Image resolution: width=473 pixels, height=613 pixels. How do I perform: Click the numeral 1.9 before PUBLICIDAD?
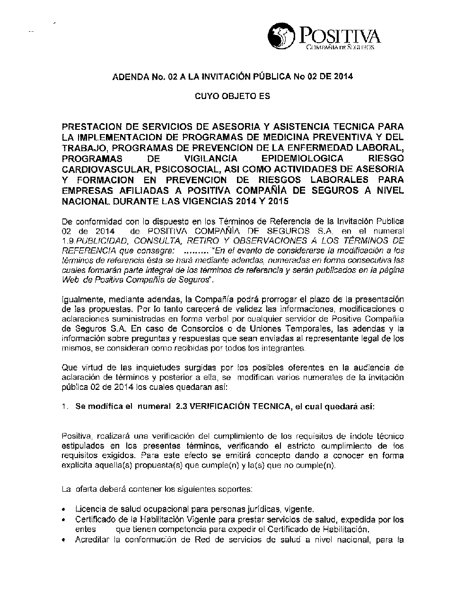click(x=68, y=241)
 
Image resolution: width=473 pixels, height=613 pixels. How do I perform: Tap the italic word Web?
click(x=70, y=279)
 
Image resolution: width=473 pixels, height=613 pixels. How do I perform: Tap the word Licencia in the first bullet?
click(x=89, y=510)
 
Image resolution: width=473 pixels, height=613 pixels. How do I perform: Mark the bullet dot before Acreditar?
click(x=64, y=540)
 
